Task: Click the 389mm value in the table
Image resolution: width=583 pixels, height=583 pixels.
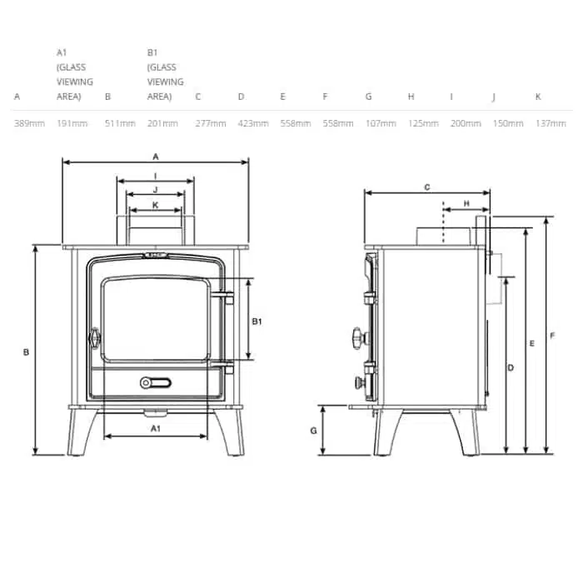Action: tap(29, 123)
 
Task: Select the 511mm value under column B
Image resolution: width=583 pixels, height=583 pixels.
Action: tap(120, 123)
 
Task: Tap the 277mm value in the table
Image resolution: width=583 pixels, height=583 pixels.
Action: tap(211, 123)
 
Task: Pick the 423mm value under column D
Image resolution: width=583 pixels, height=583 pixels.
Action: tap(253, 123)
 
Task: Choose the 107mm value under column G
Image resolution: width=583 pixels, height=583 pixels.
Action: tap(381, 123)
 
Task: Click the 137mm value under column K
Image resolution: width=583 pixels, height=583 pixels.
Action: tap(551, 123)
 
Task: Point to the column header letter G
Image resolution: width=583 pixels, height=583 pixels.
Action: tap(368, 97)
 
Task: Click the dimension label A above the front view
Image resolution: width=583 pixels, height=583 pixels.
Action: tap(156, 157)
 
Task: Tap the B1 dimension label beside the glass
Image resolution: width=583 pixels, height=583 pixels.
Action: tap(257, 321)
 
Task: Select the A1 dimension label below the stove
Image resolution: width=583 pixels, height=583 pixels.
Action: tap(156, 429)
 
